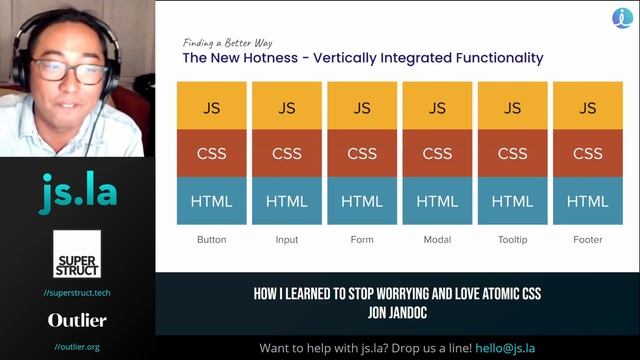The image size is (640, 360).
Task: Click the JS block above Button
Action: pos(212,107)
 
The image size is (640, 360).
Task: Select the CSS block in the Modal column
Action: pos(437,154)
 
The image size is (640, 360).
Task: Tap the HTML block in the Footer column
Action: pos(587,201)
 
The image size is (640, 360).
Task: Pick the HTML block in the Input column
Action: pos(287,201)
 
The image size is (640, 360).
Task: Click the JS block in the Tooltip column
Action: pos(512,107)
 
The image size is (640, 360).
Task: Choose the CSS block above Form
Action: pos(362,154)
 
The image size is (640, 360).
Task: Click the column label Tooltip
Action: pos(512,240)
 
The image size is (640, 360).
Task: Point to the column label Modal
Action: pos(437,240)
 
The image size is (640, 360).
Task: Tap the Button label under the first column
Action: pos(212,240)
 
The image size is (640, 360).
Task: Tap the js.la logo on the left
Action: pos(76,193)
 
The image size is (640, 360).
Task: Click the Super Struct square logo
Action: pos(76,254)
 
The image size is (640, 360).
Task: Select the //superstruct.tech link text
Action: pos(77,292)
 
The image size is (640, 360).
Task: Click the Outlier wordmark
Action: pos(77,321)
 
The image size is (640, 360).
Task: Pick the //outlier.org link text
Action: pos(77,347)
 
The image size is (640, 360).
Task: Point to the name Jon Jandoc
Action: pos(397,310)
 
